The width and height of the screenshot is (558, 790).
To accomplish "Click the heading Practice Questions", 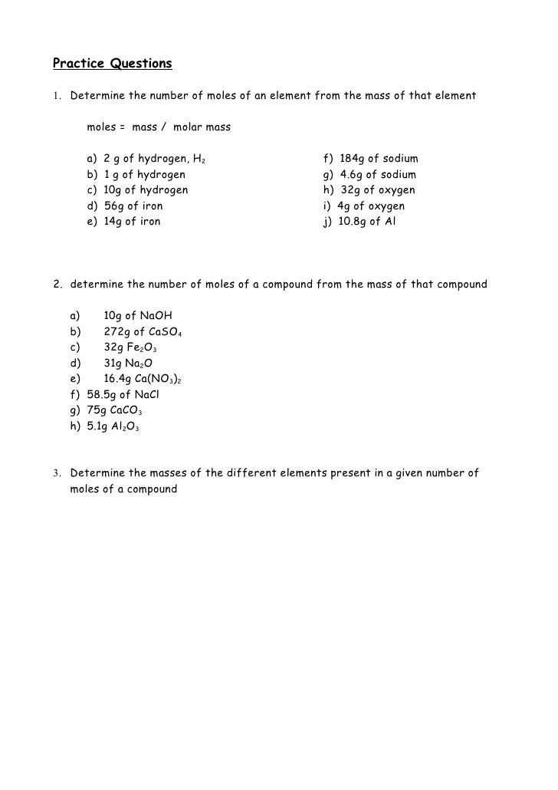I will (112, 64).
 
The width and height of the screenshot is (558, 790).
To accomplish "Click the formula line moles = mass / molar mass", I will (159, 127).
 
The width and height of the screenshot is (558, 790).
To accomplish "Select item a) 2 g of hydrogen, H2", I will (146, 159).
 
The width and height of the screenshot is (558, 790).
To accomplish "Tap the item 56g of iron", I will (125, 206).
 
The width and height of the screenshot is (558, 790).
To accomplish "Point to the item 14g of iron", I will (124, 222).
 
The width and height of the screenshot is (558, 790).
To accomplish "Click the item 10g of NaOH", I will (138, 315).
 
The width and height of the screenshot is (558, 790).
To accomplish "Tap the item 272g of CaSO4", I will (142, 331).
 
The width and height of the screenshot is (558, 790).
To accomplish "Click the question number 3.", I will (57, 473).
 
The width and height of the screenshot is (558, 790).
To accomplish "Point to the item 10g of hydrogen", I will (137, 190).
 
